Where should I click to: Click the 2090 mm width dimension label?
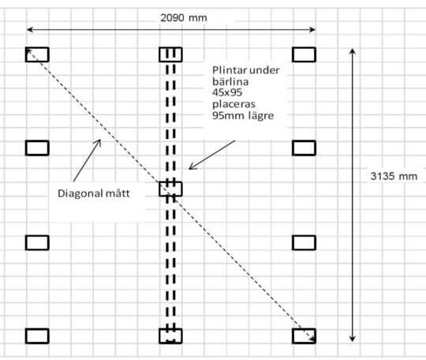pos(184,18)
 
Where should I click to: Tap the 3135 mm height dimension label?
pos(394,176)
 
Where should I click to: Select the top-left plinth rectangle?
pos(37,54)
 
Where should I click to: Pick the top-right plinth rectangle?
pos(304,54)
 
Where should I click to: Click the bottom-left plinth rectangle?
pos(37,336)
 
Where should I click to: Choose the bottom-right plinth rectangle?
pos(304,336)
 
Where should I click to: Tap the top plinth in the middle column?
pos(170,54)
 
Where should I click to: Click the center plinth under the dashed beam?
pos(170,189)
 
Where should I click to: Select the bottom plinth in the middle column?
pos(170,336)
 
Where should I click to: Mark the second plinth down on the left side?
pos(37,148)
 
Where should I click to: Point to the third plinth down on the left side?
pos(37,242)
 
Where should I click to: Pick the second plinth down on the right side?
pos(304,148)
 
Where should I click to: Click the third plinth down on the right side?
pos(304,242)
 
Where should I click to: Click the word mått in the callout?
pos(118,193)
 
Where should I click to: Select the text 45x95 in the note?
pos(227,92)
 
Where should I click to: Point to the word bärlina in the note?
pos(230,81)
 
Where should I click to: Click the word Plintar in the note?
pos(229,70)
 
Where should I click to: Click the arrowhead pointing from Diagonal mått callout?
pos(99,142)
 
